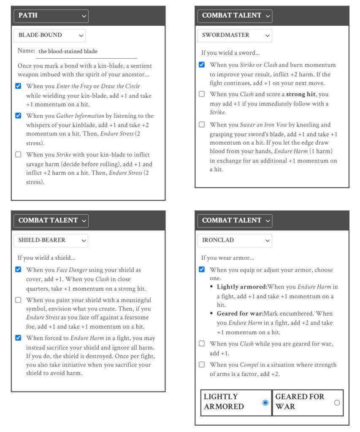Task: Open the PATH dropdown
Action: [51, 16]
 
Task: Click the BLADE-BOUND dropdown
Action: [49, 35]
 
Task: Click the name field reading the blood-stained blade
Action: [87, 51]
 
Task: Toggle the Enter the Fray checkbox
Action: [18, 86]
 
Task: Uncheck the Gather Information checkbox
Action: [18, 116]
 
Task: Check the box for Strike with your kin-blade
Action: [18, 154]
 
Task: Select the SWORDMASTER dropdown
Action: [234, 35]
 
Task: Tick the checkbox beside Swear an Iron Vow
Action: [202, 124]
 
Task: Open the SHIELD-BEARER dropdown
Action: [51, 240]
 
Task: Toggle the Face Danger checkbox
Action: [18, 270]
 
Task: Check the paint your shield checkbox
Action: [18, 300]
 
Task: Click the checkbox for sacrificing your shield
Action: [18, 337]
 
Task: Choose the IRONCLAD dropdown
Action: [234, 240]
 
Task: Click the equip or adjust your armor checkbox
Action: [202, 270]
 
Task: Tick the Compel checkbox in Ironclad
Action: [202, 364]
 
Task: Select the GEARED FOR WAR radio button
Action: [337, 402]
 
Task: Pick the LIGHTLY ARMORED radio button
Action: [265, 402]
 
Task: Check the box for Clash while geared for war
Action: [202, 343]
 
